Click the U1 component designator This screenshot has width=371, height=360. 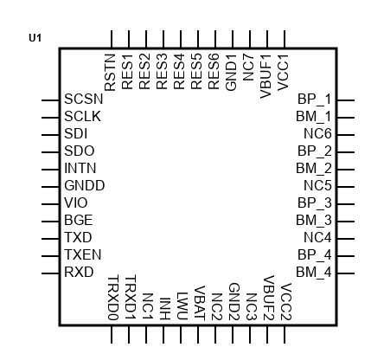[35, 38]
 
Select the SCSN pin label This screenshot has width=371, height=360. [84, 99]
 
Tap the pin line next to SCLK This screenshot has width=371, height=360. [50, 118]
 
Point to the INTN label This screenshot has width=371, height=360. [80, 168]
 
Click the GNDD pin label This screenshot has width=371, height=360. [85, 185]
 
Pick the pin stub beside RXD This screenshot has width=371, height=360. [50, 273]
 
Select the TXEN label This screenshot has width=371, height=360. [83, 254]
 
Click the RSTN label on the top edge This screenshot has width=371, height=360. [110, 73]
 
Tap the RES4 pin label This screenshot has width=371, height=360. [179, 71]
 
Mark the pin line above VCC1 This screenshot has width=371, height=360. [285, 39]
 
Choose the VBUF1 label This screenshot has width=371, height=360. [265, 76]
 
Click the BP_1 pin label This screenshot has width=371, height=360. [315, 99]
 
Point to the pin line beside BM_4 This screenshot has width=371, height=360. [346, 273]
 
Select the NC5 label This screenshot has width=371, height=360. [317, 185]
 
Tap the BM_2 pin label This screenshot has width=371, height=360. [314, 168]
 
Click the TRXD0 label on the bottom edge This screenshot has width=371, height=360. [113, 298]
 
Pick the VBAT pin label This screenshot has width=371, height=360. [200, 303]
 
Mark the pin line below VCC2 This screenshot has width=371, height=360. [285, 335]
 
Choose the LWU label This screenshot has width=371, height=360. [182, 306]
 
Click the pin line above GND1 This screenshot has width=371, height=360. [233, 39]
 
